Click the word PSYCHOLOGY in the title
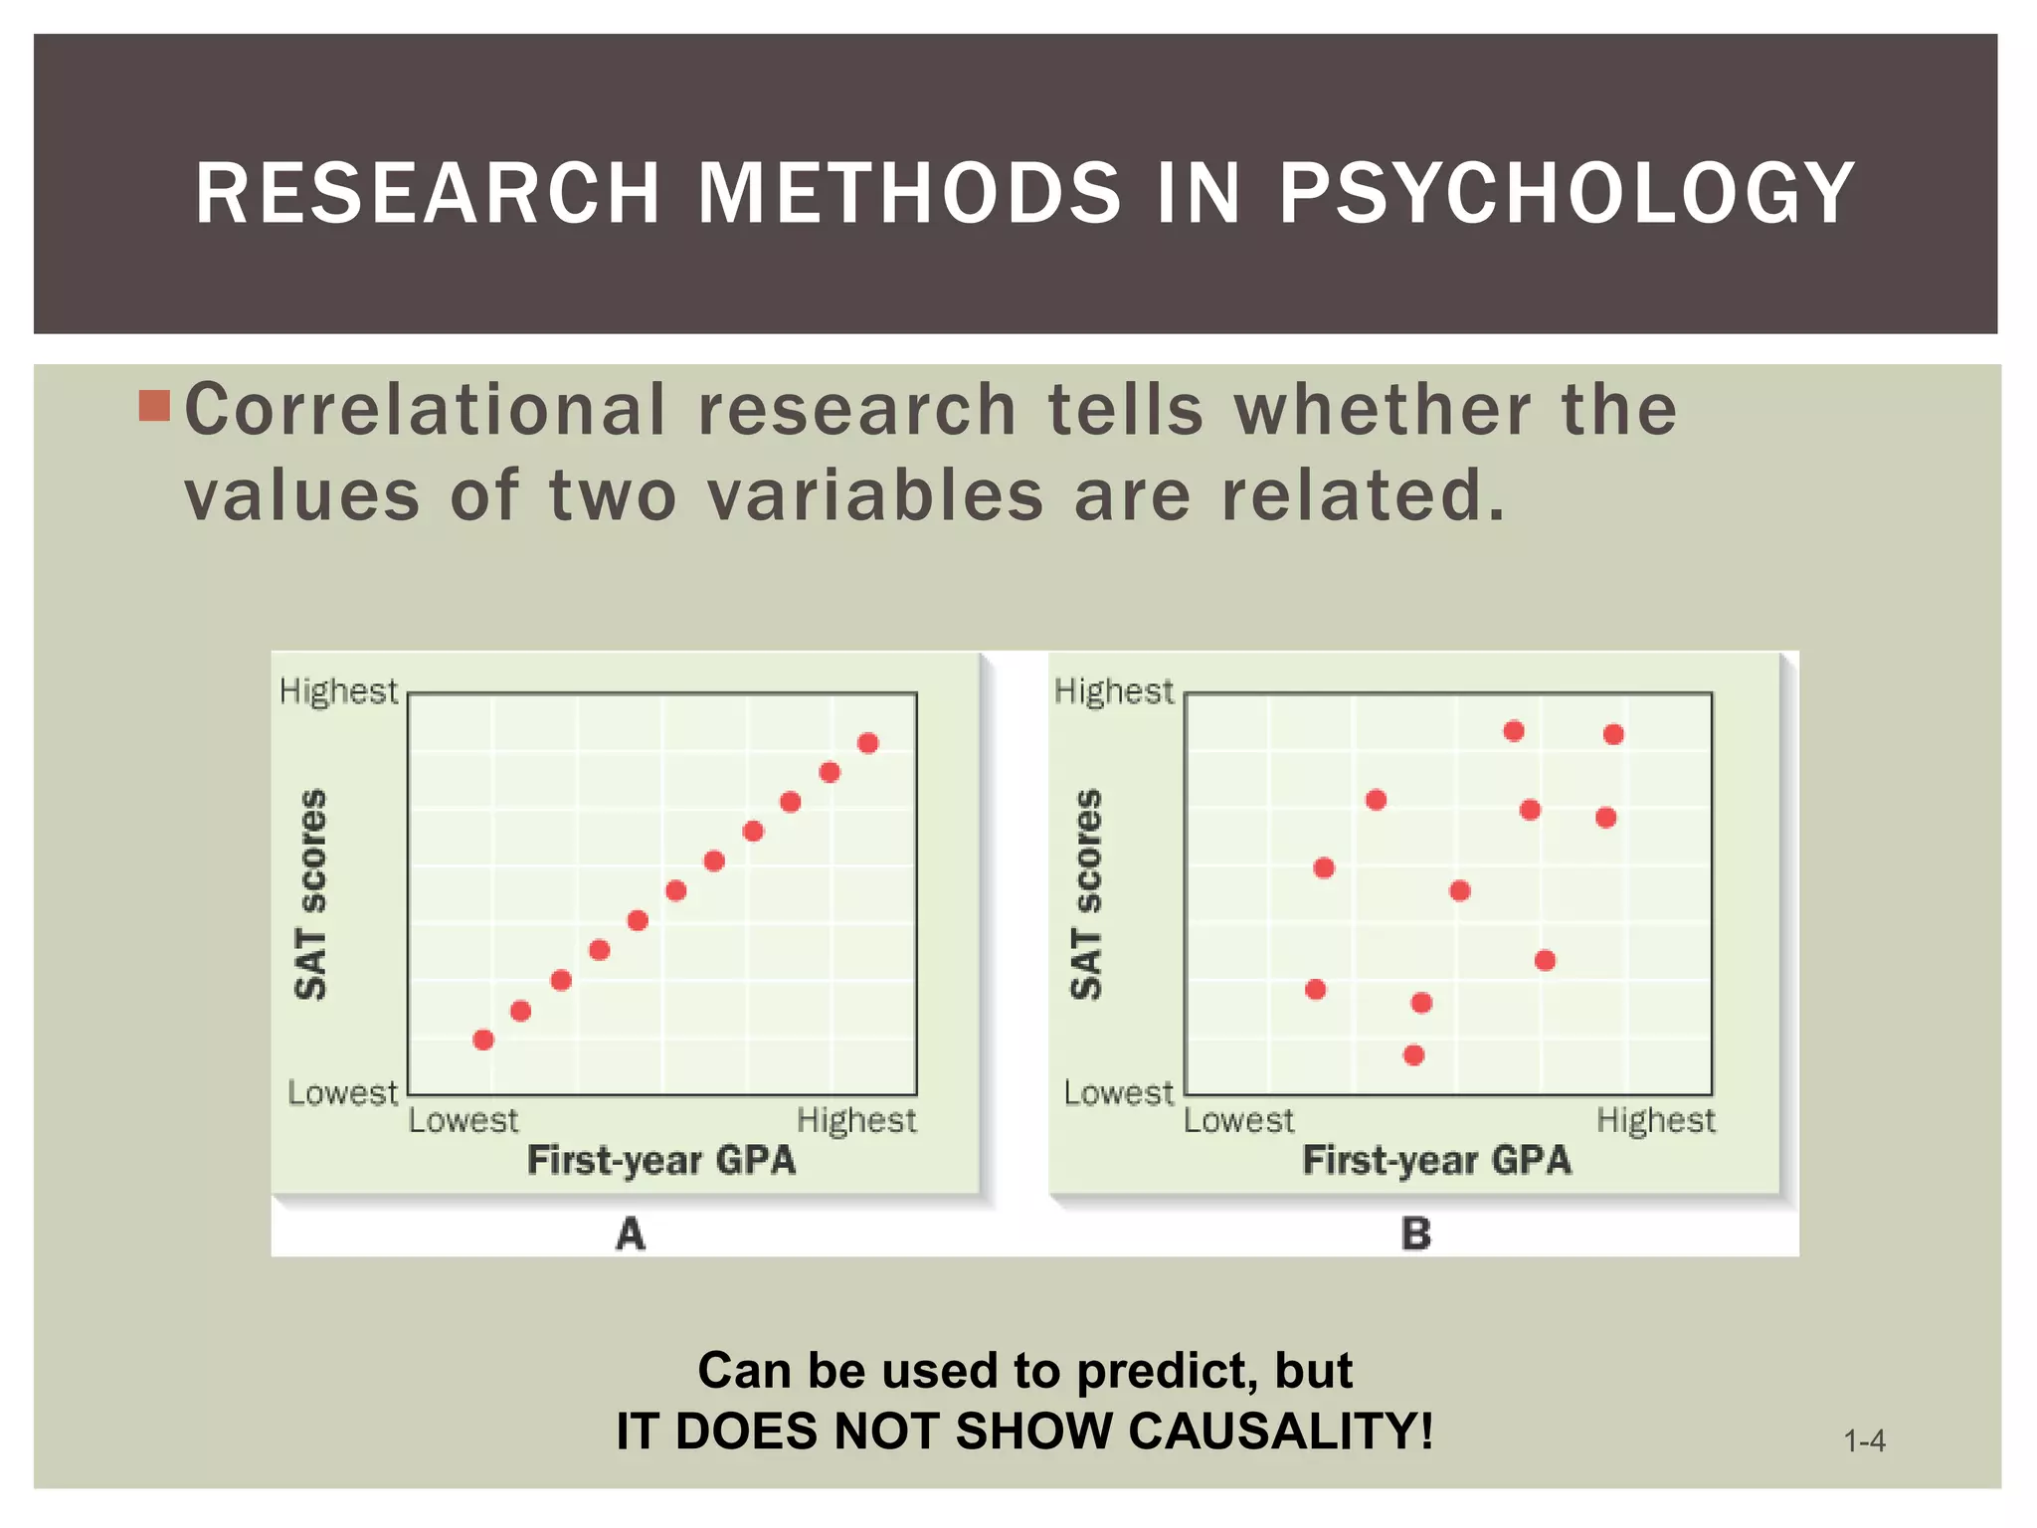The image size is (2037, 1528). coord(1567,193)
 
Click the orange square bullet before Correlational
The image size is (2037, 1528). coord(154,406)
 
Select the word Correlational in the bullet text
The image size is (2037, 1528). coord(426,410)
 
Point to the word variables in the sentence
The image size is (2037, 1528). coord(875,495)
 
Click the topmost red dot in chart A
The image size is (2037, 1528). coord(867,743)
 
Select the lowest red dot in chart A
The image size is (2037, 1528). coord(483,1040)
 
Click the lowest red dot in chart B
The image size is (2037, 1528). coord(1413,1054)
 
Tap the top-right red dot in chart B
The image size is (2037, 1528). coord(1613,734)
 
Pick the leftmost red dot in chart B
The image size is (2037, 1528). coord(1315,989)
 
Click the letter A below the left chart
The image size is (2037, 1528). coord(631,1235)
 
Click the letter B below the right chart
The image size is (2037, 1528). coord(1415,1235)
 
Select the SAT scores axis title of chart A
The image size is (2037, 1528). coord(311,893)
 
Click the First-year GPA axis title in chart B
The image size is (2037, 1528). coord(1436,1160)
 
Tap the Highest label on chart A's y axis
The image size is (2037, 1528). coord(338,691)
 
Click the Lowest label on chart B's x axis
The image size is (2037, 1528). coord(1238,1121)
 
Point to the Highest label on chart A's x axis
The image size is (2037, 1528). coord(856,1121)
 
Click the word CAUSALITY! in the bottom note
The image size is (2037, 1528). coord(1281,1432)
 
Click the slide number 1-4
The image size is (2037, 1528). coord(1864,1440)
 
